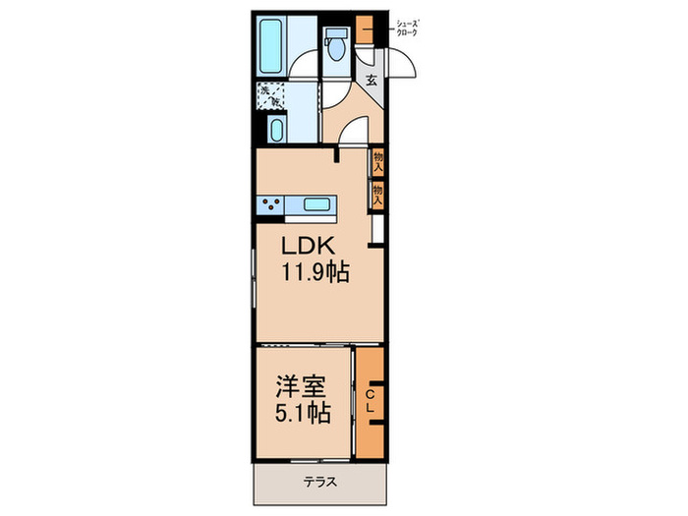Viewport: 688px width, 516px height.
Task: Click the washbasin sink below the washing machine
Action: (276, 130)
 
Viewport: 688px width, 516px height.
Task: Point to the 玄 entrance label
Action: (373, 82)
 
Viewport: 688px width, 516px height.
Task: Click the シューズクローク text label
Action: (406, 28)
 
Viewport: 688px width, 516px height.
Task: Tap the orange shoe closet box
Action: (366, 26)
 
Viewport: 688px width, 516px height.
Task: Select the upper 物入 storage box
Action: (377, 160)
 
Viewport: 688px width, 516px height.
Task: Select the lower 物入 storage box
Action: (377, 195)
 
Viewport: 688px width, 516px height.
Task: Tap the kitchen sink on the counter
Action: (315, 204)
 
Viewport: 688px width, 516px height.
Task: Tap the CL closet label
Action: (370, 400)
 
